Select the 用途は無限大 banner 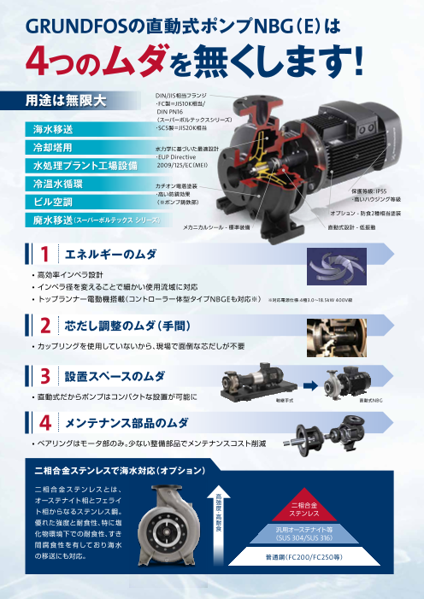click(x=65, y=102)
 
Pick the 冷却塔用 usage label click(x=52, y=148)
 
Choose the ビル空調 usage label click(x=52, y=202)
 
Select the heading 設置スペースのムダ click(x=115, y=376)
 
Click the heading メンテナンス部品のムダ click(x=127, y=423)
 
